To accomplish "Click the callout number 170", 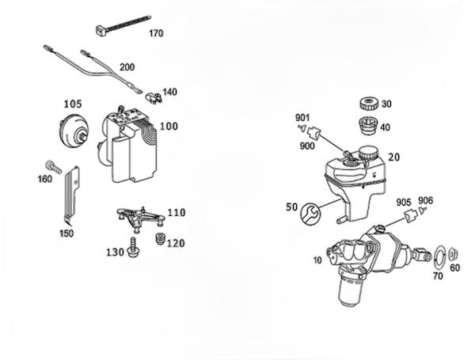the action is click(x=156, y=33).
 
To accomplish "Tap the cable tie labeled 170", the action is click(x=123, y=24).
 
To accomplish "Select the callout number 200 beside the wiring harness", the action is click(x=127, y=67).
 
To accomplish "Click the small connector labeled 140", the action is click(x=154, y=98).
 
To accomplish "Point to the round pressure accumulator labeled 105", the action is click(x=74, y=131).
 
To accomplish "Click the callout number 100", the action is click(x=169, y=127).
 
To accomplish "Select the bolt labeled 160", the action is click(x=54, y=166).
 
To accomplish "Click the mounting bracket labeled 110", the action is click(x=141, y=218).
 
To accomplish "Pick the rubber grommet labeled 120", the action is click(x=159, y=239).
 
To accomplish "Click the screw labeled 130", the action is click(x=133, y=248).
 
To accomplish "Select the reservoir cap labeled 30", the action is click(x=369, y=104).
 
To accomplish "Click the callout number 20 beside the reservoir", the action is click(x=394, y=157).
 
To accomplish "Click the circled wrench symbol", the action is click(x=310, y=214).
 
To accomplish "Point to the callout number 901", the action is click(x=302, y=117).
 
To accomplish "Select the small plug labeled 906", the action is click(x=423, y=210).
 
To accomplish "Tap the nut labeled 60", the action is click(x=453, y=254).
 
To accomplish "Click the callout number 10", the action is click(x=317, y=260).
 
